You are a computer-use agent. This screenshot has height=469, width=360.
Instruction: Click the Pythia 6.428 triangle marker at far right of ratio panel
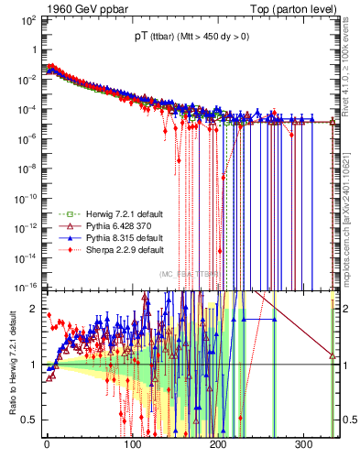[332, 356]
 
